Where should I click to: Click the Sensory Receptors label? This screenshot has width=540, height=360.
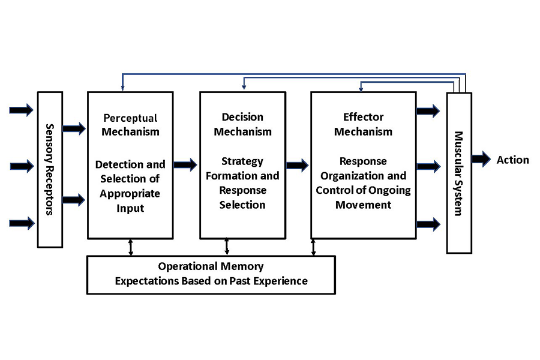click(x=50, y=169)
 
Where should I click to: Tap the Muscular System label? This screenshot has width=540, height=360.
click(x=459, y=173)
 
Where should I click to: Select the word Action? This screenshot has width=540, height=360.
click(x=512, y=160)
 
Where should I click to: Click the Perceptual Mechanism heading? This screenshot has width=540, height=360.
click(x=130, y=124)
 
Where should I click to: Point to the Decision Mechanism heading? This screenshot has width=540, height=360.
click(x=242, y=124)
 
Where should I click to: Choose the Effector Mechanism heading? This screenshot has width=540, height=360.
click(x=363, y=124)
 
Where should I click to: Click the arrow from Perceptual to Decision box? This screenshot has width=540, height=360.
click(x=185, y=164)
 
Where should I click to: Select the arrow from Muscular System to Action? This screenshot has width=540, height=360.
click(x=481, y=159)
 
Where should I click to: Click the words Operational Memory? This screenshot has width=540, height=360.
click(x=211, y=266)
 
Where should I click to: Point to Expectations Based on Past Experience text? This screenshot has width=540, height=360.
click(x=211, y=280)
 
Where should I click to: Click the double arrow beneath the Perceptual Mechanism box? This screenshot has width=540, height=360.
click(x=130, y=247)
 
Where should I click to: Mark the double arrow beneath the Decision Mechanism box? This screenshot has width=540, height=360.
click(x=227, y=247)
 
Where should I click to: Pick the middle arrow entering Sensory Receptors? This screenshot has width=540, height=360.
click(x=22, y=166)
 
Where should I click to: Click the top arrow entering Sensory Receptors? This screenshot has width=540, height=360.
click(x=22, y=110)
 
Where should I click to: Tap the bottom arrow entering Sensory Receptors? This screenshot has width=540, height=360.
click(x=22, y=223)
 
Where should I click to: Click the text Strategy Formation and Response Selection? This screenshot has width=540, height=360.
click(x=242, y=183)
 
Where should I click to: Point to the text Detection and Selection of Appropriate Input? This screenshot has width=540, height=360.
click(x=130, y=187)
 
